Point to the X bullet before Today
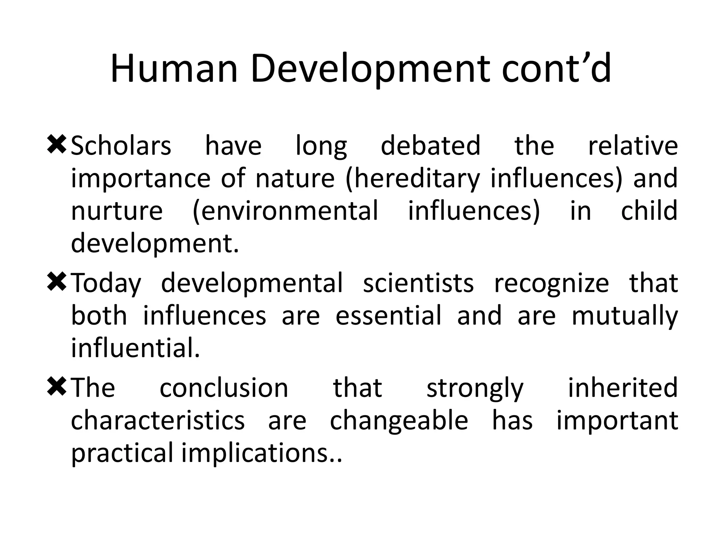(56, 283)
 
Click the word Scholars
(121, 146)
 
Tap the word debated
(430, 146)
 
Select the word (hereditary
(412, 179)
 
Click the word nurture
(117, 211)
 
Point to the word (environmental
(286, 211)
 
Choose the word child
(649, 211)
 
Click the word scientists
(418, 283)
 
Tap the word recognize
(551, 283)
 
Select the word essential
(388, 315)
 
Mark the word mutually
(624, 315)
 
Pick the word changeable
(399, 421)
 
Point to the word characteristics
(158, 421)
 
